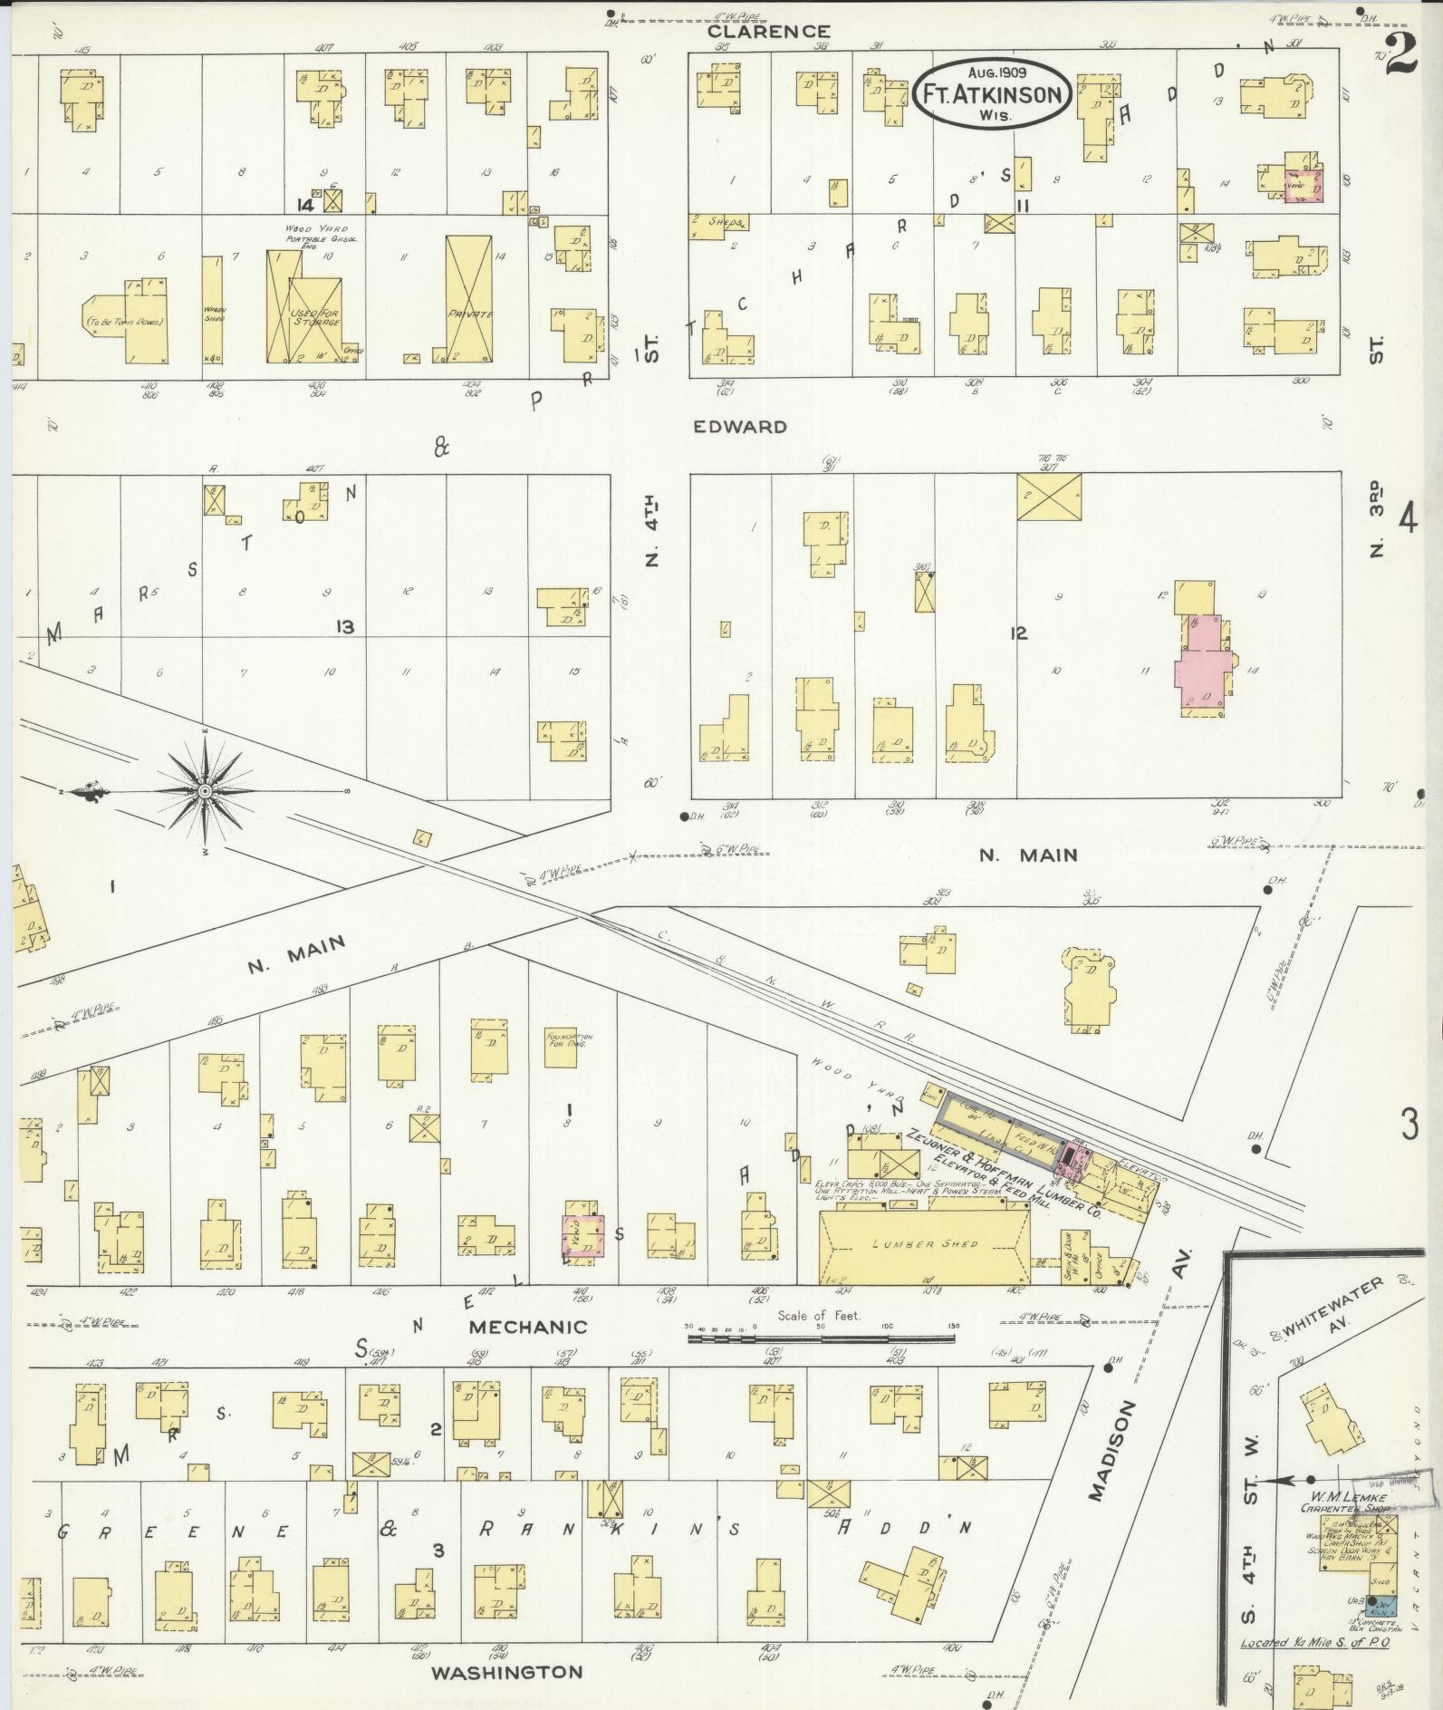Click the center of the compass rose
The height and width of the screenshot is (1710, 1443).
click(205, 792)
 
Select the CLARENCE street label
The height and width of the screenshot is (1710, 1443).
click(769, 32)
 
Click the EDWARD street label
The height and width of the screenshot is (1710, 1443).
click(740, 426)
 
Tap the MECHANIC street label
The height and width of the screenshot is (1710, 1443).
click(528, 1327)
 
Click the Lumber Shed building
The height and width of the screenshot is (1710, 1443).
click(924, 1244)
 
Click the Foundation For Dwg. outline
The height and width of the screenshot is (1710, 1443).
click(569, 1039)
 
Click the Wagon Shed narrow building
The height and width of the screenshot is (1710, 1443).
click(213, 310)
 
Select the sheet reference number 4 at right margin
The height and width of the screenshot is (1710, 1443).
click(1407, 521)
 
